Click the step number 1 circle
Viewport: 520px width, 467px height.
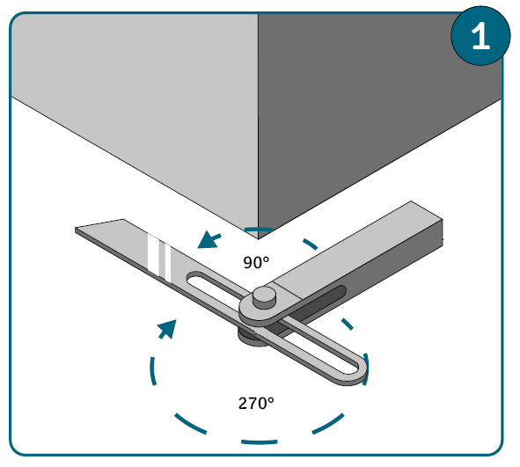(x=480, y=35)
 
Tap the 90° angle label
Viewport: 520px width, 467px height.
(x=256, y=262)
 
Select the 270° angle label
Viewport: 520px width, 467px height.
(x=256, y=404)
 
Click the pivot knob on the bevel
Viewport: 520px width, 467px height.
(x=264, y=297)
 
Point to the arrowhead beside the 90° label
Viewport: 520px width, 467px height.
(x=208, y=240)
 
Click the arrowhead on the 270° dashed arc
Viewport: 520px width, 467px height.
(x=168, y=329)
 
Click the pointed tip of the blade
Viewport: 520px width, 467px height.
(x=77, y=229)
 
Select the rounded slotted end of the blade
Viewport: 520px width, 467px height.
(x=356, y=369)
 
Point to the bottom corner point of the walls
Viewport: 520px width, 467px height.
(x=259, y=238)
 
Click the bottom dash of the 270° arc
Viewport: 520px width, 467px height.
(x=260, y=441)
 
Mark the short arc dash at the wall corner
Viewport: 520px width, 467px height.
(x=259, y=229)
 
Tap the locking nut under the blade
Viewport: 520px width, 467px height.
(x=252, y=338)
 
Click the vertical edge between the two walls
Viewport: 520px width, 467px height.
(x=259, y=126)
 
